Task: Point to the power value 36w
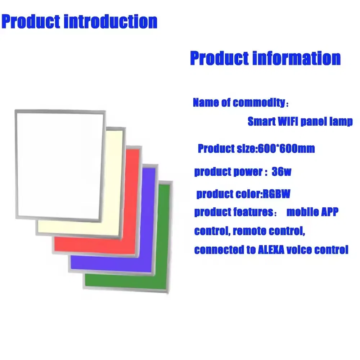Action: (282, 172)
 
